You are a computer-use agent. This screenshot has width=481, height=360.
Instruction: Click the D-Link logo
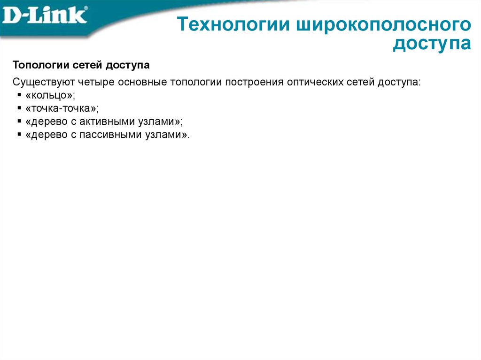(45, 16)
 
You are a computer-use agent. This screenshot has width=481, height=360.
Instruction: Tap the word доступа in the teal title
(432, 44)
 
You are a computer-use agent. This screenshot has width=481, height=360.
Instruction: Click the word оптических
(312, 82)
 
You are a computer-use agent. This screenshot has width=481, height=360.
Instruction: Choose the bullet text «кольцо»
(51, 95)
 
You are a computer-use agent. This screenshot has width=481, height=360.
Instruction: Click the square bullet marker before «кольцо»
(19, 95)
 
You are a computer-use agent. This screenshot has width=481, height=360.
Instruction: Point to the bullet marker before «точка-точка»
(19, 108)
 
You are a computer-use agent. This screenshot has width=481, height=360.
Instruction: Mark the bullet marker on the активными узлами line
(19, 122)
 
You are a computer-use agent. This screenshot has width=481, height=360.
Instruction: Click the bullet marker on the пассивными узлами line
(19, 135)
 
